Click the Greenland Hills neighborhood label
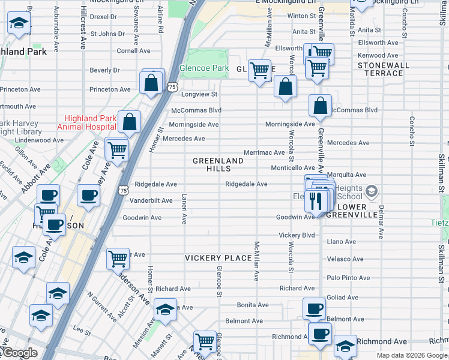click(x=218, y=165)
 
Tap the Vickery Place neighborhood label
click(x=218, y=258)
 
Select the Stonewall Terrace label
click(x=383, y=69)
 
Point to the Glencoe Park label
click(x=204, y=68)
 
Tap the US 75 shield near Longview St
click(x=172, y=88)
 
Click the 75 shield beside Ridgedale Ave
click(x=123, y=190)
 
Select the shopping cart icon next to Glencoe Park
click(x=259, y=71)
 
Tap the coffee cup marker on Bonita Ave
click(x=313, y=309)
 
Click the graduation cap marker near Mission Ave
click(x=165, y=310)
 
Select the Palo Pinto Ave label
click(x=348, y=278)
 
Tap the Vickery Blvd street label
click(x=297, y=235)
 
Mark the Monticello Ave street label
click(x=292, y=168)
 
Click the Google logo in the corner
click(x=19, y=353)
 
